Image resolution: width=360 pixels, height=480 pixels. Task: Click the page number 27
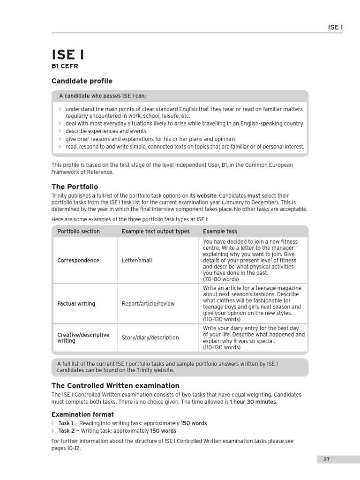click(326, 459)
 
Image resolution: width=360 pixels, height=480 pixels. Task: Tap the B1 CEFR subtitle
click(65, 67)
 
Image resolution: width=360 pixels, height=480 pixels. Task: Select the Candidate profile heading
click(82, 81)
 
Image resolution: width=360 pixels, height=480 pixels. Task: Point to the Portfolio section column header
click(78, 231)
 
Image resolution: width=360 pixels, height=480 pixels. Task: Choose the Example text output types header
click(156, 231)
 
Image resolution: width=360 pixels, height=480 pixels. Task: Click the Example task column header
click(220, 231)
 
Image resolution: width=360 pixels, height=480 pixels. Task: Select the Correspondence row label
click(78, 260)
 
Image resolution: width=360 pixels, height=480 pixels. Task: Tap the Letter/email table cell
click(137, 260)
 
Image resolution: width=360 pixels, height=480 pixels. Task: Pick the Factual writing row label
click(76, 304)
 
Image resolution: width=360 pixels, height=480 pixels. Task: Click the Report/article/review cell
click(148, 304)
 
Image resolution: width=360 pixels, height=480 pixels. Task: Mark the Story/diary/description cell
click(150, 337)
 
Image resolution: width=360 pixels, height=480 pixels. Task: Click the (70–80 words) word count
click(221, 279)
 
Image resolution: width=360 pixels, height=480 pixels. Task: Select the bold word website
click(207, 195)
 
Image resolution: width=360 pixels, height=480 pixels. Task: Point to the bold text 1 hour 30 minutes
click(253, 402)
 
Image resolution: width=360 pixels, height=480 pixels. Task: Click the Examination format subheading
click(82, 414)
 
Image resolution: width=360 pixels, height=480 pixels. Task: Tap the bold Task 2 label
click(66, 431)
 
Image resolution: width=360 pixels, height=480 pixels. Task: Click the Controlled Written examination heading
click(115, 386)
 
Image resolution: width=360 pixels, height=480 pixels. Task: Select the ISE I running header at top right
click(335, 27)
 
